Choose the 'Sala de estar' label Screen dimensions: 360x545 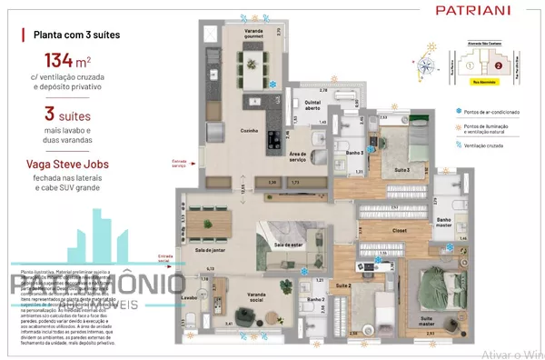[x=287, y=245]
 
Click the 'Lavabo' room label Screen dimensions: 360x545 [x=189, y=296]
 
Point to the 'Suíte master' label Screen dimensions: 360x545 [x=424, y=320]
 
